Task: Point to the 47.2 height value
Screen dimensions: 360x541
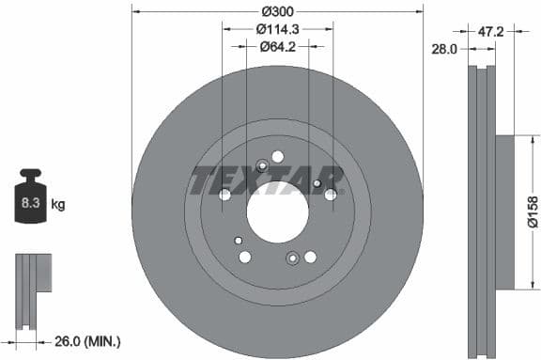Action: (491, 31)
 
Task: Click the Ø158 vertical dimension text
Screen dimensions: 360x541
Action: (533, 212)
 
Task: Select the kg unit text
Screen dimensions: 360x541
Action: (58, 203)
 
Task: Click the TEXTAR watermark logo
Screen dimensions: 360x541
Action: (269, 180)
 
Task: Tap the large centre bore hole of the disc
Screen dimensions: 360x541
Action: (277, 211)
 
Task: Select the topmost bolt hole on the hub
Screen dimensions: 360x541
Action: (277, 156)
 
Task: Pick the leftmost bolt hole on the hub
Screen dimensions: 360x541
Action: (224, 195)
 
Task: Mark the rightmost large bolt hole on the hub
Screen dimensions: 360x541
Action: (331, 195)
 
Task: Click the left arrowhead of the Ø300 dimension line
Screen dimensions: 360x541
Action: (135, 11)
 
